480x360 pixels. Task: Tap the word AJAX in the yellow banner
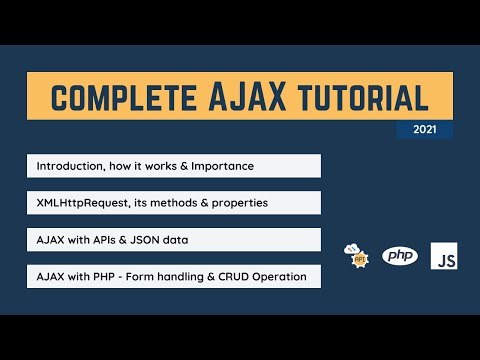click(249, 98)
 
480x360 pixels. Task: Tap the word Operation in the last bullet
click(276, 276)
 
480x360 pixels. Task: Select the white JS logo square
click(444, 256)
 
